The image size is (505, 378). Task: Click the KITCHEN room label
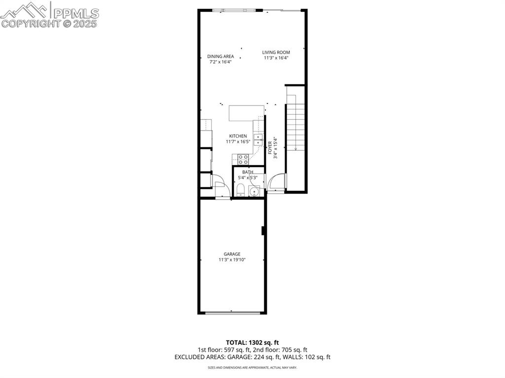coord(238,136)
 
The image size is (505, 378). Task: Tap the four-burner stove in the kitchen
coord(243,159)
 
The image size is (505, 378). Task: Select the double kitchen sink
coord(257,139)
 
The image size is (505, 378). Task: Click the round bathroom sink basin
coord(255,192)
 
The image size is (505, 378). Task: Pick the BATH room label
coord(248,172)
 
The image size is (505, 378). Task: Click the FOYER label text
coord(270,148)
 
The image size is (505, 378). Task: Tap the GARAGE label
coord(232,254)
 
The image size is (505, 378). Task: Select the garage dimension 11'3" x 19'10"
coord(232,260)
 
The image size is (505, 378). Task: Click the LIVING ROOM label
coord(276,52)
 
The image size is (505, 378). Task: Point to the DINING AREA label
coord(220,57)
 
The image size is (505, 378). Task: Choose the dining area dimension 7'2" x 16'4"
coord(220,62)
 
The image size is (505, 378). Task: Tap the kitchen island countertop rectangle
coord(247,112)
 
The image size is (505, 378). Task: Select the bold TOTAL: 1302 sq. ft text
coord(252,342)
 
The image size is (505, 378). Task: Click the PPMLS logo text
coord(76,13)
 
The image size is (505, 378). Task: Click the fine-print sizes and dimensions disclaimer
coord(252,368)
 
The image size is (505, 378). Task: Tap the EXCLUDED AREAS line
coord(252,357)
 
